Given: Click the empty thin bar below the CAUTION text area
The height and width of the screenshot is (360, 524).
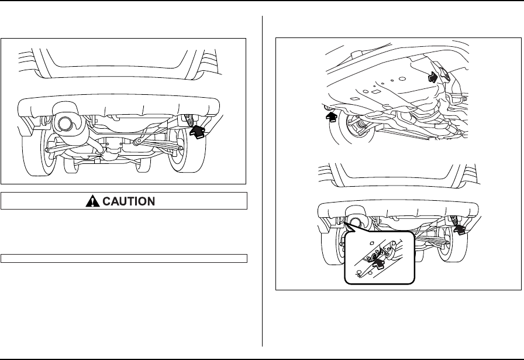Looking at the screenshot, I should (124, 257).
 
